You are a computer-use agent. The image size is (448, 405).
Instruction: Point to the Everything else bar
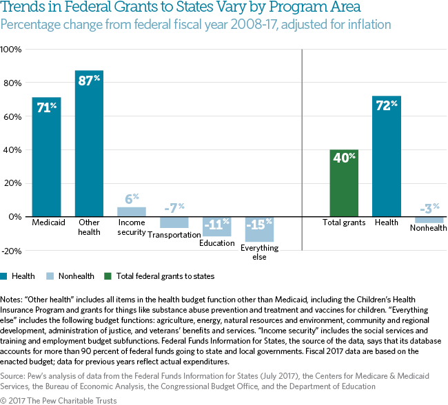click(x=259, y=229)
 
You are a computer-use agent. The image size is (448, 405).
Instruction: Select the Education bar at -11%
click(x=216, y=226)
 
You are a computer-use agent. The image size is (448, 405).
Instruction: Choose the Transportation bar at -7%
click(x=174, y=222)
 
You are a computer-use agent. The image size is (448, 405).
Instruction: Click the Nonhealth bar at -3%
click(x=429, y=219)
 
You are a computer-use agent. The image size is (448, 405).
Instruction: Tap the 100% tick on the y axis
click(x=12, y=50)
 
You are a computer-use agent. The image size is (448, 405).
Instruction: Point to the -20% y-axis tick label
click(x=12, y=250)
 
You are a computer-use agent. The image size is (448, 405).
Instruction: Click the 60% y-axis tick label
click(x=13, y=117)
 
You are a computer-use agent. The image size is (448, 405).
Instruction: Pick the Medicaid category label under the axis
click(x=46, y=222)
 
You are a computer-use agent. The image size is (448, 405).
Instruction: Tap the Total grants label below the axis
click(x=344, y=223)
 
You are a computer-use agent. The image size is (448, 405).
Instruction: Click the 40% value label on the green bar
click(x=344, y=156)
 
